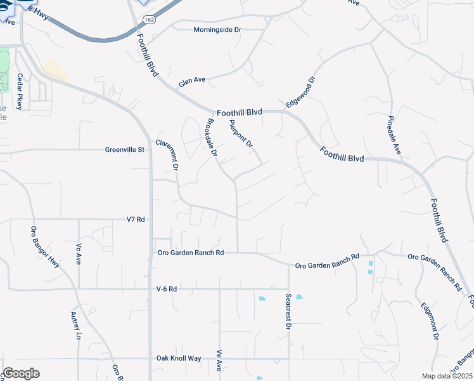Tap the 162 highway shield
tap(148, 20)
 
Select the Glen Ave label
tap(192, 81)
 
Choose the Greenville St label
tap(125, 150)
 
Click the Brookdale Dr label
tap(212, 138)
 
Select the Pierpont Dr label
tap(241, 134)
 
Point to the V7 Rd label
tap(136, 219)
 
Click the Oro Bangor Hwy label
tap(45, 247)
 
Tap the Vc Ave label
tap(79, 255)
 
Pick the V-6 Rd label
tap(166, 289)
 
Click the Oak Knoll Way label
tap(179, 358)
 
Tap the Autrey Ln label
tap(77, 325)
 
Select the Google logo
tap(21, 373)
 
